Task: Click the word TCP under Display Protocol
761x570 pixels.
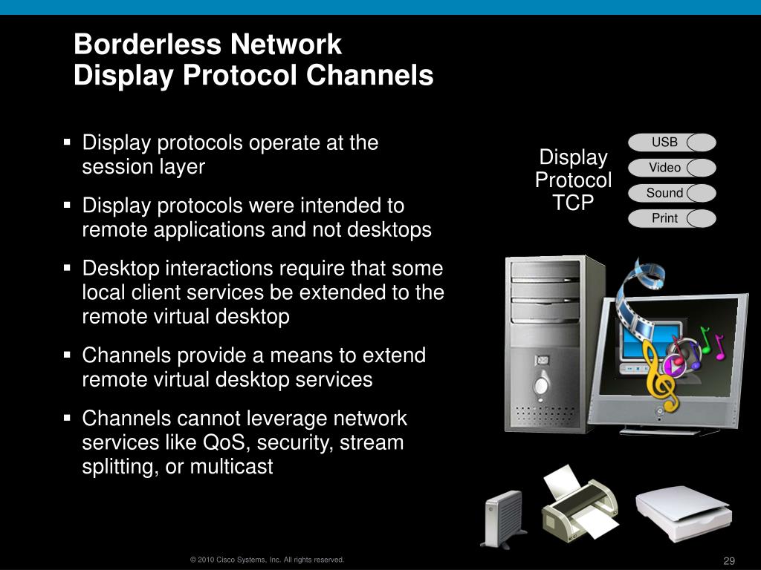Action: point(573,203)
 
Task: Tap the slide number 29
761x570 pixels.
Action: point(728,560)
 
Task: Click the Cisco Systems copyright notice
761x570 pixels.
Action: point(267,560)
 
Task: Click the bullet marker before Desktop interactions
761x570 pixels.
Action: point(67,267)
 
